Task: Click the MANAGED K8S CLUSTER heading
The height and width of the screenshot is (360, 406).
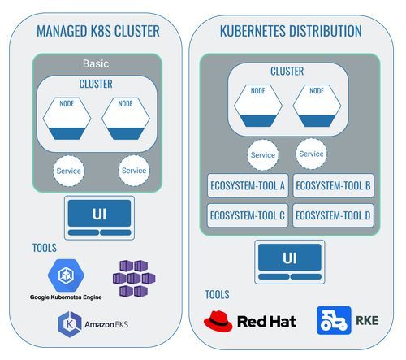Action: point(97,33)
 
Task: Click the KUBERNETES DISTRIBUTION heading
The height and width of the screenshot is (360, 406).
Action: point(291,32)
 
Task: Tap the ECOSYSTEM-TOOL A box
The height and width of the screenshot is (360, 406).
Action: point(246,186)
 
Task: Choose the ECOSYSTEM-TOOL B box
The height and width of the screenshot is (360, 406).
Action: point(334,186)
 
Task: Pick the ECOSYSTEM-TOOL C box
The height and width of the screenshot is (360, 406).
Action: point(246,215)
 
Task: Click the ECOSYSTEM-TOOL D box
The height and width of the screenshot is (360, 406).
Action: point(334,215)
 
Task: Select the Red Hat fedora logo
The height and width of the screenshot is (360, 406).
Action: point(218,320)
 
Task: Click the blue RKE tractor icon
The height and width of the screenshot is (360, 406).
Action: point(334,320)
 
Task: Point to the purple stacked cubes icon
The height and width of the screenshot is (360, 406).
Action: point(133,278)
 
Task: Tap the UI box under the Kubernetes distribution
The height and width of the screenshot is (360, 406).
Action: point(290,259)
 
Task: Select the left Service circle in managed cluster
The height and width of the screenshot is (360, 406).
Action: point(67,171)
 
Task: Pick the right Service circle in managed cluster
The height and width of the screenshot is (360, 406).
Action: point(134,171)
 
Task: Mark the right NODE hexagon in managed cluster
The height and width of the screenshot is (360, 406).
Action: point(126,119)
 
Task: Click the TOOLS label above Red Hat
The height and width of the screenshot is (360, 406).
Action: point(216,294)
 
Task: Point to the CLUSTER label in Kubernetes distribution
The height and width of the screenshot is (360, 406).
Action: point(287,72)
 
